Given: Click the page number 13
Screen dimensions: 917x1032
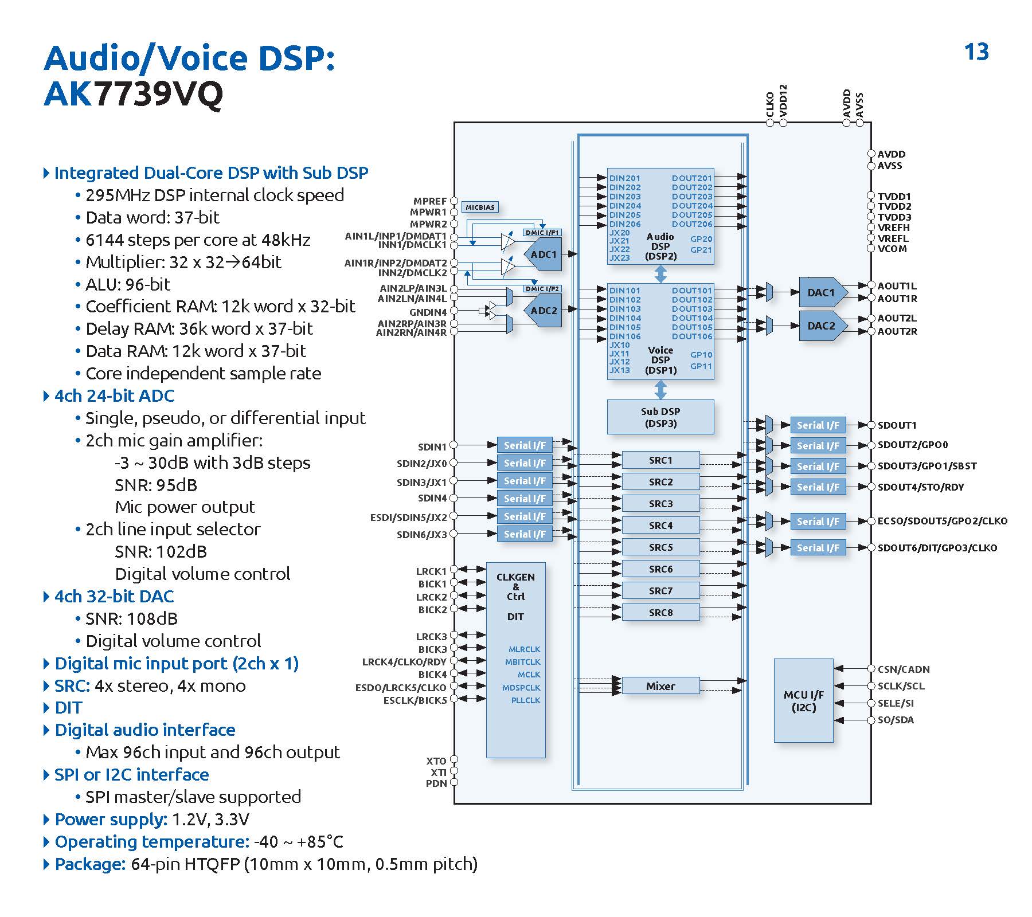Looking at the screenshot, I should (x=976, y=52).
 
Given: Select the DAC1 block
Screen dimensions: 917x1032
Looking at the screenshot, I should (x=821, y=293).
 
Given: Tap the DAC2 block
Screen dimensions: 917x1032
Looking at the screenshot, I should (x=821, y=326).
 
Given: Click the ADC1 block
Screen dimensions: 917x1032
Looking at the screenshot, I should (x=544, y=254).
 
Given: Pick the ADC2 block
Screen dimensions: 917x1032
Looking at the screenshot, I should (x=544, y=311).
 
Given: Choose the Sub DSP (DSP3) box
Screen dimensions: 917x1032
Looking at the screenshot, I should (x=660, y=417).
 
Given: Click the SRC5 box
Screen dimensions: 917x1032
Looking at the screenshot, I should (x=660, y=547).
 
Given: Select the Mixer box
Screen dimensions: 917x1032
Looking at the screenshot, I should (x=660, y=686).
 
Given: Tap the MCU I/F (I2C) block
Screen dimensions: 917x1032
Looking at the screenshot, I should (x=803, y=701).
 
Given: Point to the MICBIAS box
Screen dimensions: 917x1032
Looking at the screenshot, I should (x=480, y=207).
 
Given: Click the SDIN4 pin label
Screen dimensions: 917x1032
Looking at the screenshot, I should (x=432, y=498).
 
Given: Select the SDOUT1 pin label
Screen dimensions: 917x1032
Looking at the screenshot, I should (x=897, y=425).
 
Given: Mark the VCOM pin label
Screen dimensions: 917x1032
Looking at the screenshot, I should (x=892, y=249).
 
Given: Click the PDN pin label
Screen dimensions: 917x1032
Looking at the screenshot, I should (x=436, y=783).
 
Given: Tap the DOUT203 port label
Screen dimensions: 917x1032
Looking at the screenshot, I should (x=692, y=197).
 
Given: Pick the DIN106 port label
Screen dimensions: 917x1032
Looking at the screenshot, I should (x=625, y=336).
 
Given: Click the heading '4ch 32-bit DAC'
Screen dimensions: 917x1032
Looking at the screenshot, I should (x=114, y=597).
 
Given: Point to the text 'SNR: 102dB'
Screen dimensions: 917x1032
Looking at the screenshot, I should (x=161, y=552).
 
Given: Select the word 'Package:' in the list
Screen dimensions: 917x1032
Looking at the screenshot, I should (x=90, y=864).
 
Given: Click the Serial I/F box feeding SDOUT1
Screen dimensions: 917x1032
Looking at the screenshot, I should (x=818, y=425).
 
